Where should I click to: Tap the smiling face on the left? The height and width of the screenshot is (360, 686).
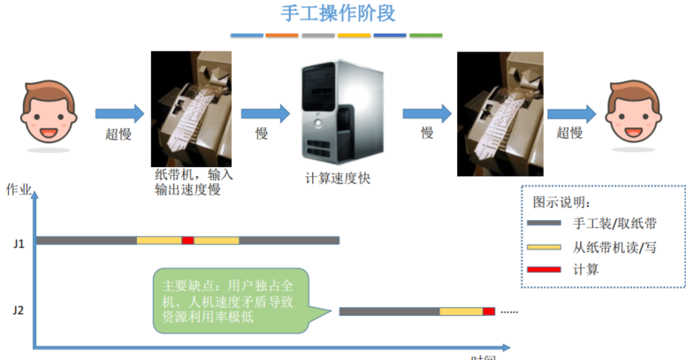coord(45,112)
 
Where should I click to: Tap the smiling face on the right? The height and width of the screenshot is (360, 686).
coord(636,112)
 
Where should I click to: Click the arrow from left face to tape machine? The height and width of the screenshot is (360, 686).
coord(118,113)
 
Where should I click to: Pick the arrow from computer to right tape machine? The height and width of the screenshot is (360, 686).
coord(428,113)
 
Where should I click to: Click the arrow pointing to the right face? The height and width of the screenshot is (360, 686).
coord(571,113)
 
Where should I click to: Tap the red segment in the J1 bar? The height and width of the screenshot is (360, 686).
coord(187,240)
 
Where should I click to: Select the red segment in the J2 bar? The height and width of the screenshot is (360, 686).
coord(489,310)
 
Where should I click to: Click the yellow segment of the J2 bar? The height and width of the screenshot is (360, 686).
coord(461,310)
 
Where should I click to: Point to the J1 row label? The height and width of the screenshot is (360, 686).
coord(19,241)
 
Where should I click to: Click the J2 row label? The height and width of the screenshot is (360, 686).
coord(19,310)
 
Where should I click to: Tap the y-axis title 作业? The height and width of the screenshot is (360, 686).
coord(19,189)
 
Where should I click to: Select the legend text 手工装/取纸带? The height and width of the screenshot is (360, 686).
coord(614,224)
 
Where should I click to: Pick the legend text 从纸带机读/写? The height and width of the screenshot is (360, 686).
coord(614,247)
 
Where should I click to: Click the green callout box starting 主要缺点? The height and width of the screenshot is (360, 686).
coord(229,301)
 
